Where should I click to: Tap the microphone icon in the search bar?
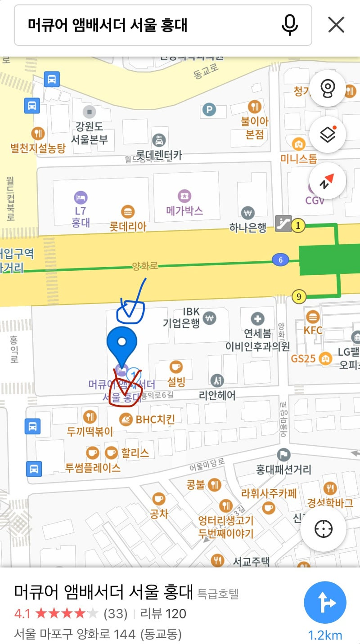point(290,25)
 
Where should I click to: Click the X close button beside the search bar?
point(336,25)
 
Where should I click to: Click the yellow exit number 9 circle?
point(298,296)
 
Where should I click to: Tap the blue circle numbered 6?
point(280,260)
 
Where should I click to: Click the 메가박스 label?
point(184,210)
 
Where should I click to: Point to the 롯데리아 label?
point(128,226)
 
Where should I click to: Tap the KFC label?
point(313,330)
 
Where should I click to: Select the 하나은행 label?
point(248,228)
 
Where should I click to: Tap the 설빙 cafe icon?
point(175,367)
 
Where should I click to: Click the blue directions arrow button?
point(325,602)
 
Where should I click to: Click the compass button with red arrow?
point(327,181)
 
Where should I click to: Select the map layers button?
point(327,134)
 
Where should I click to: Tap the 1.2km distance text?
point(325,635)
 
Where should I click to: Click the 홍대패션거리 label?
point(283,470)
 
